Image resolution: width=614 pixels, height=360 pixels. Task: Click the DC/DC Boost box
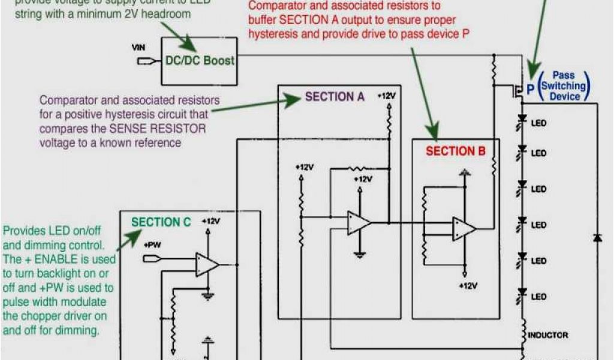pos(200,61)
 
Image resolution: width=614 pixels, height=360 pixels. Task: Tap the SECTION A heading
pos(334,97)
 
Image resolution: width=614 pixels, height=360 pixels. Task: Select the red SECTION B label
pos(455,151)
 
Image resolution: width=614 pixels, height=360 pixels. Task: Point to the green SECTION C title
pos(161,223)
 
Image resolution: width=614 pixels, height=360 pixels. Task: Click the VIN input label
pos(139,47)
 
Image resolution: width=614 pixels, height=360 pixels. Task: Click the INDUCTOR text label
pos(548,335)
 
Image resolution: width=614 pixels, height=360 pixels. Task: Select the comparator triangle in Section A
pos(359,223)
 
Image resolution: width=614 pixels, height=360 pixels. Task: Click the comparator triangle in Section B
pos(463,229)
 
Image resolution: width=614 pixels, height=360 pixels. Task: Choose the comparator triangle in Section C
pos(206,264)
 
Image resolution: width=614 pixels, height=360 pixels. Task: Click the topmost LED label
pos(538,123)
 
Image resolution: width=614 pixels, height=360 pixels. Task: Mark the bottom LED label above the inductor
pos(538,296)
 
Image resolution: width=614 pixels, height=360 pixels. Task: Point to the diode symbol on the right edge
pos(597,238)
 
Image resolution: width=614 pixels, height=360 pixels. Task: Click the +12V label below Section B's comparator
pos(468,286)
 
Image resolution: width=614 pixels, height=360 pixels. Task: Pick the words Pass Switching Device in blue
pos(563,86)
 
